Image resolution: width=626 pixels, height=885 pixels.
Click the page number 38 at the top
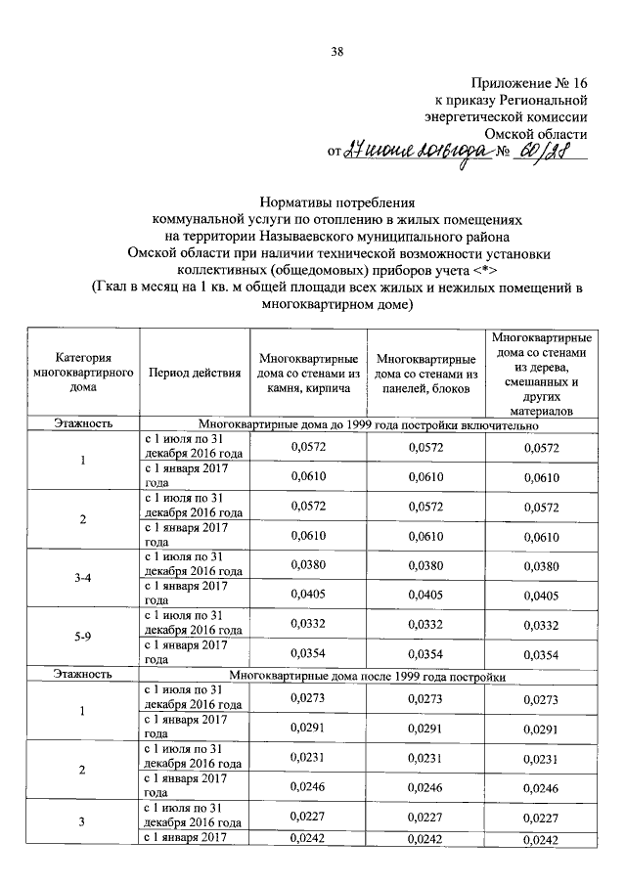[336, 51]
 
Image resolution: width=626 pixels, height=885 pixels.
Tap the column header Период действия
[195, 374]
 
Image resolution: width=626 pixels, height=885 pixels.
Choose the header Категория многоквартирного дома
[83, 373]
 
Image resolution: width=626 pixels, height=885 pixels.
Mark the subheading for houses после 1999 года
[368, 676]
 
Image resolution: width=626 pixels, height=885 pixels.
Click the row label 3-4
[83, 578]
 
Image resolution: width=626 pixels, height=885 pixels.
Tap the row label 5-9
[83, 638]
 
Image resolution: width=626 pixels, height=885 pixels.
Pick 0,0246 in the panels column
[426, 785]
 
